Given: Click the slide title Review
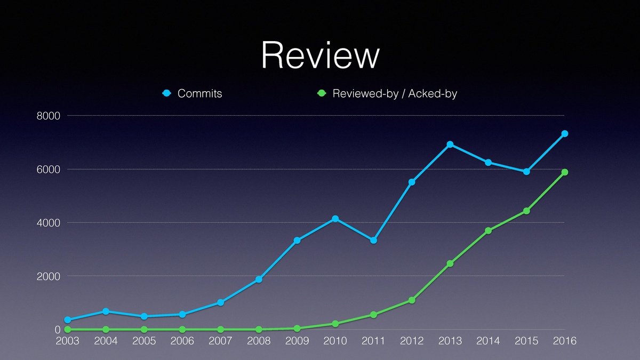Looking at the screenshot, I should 320,55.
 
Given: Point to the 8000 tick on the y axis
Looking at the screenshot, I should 49,116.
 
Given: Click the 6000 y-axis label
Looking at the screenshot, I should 49,170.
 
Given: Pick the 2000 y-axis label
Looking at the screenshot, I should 49,276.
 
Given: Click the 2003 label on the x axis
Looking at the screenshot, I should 68,341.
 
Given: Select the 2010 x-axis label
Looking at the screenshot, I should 335,341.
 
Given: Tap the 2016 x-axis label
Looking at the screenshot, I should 564,341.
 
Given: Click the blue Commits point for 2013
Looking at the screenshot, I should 450,145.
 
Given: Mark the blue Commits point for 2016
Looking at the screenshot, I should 564,134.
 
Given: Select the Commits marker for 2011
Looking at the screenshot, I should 373,241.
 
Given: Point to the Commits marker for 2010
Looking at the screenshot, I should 335,219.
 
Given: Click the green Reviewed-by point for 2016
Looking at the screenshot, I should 564,172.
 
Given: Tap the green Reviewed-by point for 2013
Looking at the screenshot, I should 450,263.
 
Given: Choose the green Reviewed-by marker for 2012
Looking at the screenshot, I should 412,300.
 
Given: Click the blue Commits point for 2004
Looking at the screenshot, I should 106,311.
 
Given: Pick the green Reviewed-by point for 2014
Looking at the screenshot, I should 488,230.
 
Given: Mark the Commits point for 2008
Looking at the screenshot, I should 259,279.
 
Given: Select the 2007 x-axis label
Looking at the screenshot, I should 220,341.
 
